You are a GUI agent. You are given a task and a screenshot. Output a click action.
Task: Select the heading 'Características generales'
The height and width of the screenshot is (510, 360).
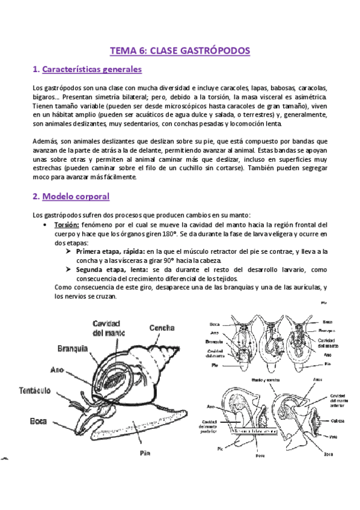pos(92,70)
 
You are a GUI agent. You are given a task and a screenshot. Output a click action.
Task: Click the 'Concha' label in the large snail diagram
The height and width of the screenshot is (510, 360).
pos(162,328)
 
